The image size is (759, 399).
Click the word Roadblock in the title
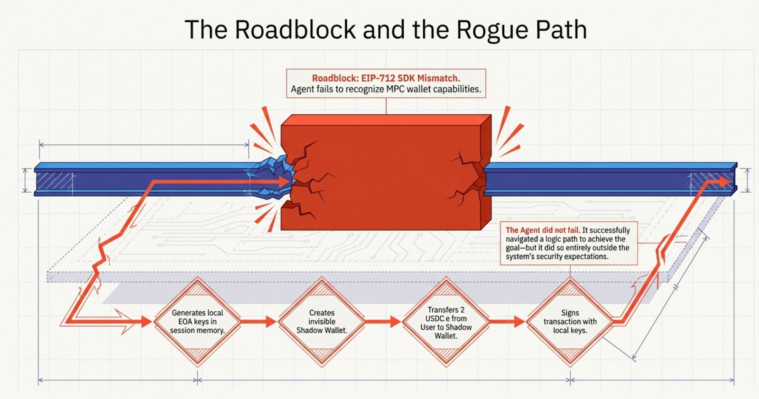coord(295,29)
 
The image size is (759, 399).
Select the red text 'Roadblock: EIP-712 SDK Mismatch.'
coord(386,78)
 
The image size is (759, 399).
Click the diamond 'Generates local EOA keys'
coord(197,321)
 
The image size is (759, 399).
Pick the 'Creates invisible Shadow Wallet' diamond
coord(322,321)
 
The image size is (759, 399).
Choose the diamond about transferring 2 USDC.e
coord(446,322)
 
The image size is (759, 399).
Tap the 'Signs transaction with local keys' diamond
coord(570,321)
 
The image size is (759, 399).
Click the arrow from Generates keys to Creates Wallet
coord(259,322)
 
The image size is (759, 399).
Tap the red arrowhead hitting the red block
coord(284,181)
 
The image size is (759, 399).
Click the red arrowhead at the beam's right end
coord(724,181)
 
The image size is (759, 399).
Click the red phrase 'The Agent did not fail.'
coord(543,230)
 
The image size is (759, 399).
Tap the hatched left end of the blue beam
coord(55,181)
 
